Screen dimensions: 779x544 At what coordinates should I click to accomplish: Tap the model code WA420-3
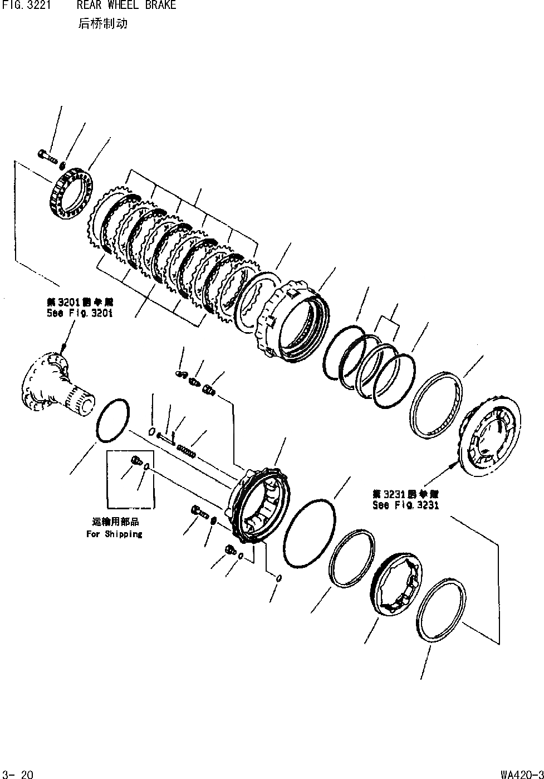coord(521,774)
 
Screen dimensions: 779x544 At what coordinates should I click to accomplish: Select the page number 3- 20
coord(18,774)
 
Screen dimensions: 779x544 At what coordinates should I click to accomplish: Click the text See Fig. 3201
coord(80,313)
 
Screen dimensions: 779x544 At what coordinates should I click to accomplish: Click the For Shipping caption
coord(114,534)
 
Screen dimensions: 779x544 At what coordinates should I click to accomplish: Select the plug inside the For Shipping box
coord(134,460)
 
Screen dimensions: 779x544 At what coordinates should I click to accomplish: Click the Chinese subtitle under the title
coord(102,25)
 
